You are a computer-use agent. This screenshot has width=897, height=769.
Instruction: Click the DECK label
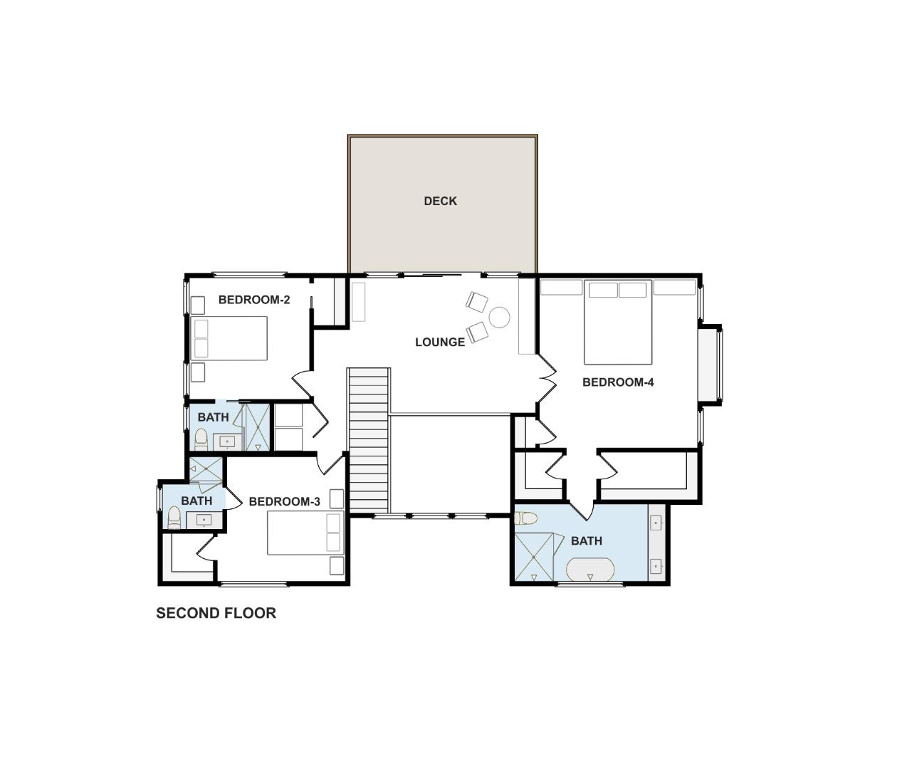tap(440, 201)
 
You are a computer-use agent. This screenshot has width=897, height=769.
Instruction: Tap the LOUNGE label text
tap(440, 342)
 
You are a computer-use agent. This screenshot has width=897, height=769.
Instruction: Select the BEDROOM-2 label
tap(254, 300)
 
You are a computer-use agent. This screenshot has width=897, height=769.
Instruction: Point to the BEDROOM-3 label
tap(284, 501)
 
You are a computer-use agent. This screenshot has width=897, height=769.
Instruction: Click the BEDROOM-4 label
tap(618, 382)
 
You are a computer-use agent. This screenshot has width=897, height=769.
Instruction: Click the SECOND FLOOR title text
tap(216, 613)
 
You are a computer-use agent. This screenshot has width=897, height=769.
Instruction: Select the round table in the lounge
tap(500, 317)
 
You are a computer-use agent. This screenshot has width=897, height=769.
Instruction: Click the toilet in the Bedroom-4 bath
tap(526, 518)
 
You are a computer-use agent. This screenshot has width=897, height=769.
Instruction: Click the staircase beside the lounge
tap(369, 440)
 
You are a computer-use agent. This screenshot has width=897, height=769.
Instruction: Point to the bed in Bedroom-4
tap(618, 323)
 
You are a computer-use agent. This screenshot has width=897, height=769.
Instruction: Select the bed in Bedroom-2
tap(230, 338)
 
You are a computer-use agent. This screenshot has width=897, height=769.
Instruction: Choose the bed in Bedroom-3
tap(305, 533)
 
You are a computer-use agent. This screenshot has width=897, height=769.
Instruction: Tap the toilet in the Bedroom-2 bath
tap(201, 439)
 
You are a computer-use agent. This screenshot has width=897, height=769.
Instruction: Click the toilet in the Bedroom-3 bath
tap(174, 517)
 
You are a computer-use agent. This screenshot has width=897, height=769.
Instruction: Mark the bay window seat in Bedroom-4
tap(710, 365)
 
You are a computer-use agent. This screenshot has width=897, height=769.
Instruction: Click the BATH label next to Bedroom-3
tap(196, 501)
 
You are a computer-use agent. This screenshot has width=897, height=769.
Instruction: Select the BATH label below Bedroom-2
tap(213, 417)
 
